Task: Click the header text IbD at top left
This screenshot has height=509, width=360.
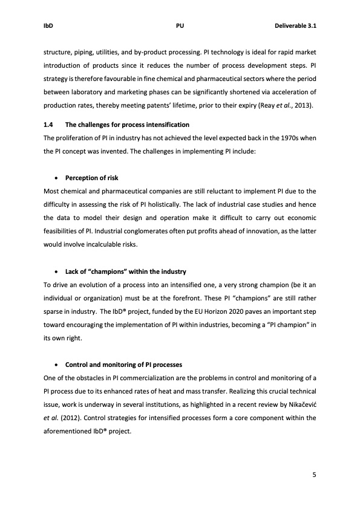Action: pyautogui.click(x=48, y=26)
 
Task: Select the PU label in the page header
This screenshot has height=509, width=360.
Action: pyautogui.click(x=180, y=26)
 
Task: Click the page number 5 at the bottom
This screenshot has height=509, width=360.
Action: pyautogui.click(x=313, y=475)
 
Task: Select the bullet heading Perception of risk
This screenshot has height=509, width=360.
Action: pyautogui.click(x=92, y=178)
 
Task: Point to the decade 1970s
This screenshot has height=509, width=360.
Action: pyautogui.click(x=289, y=138)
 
